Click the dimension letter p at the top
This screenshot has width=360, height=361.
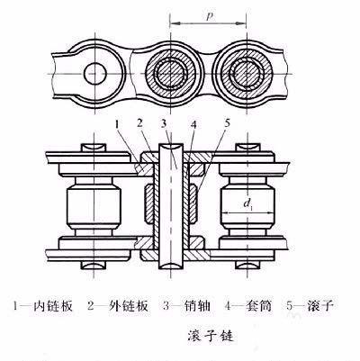(x=208, y=15)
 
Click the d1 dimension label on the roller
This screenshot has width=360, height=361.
(x=246, y=203)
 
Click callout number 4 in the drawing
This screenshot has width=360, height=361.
(x=192, y=122)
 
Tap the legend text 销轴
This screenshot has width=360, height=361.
(x=193, y=305)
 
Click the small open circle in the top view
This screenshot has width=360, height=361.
(x=93, y=71)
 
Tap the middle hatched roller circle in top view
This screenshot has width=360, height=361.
(x=169, y=72)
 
